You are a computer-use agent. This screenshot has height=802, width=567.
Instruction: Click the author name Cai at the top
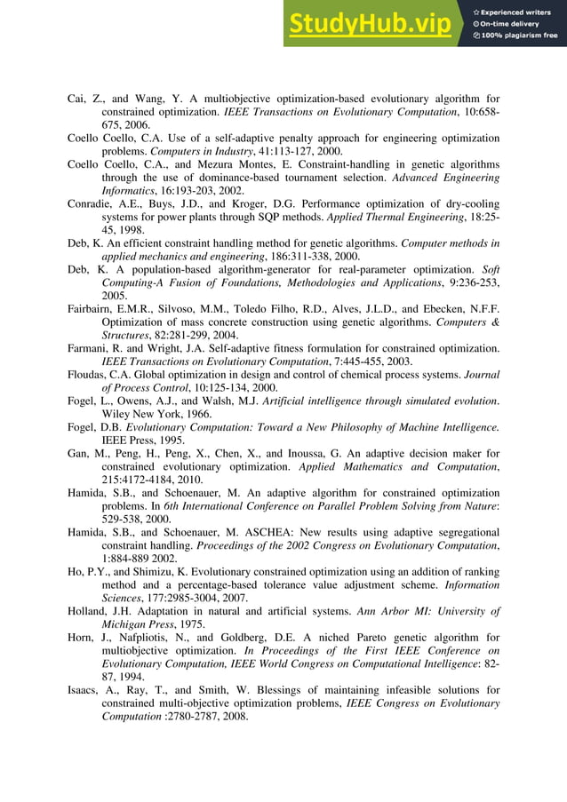click(77, 99)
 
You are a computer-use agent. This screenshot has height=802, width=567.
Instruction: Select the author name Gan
click(79, 453)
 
